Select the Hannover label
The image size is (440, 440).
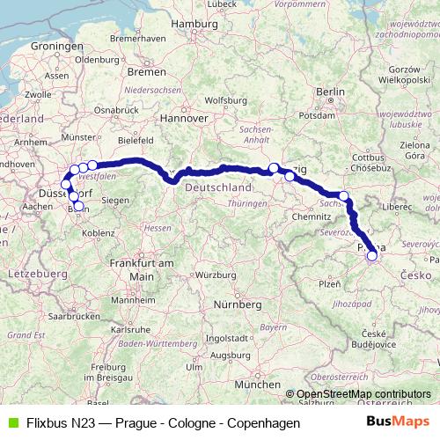[189, 117]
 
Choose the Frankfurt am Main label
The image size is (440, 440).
[130, 269]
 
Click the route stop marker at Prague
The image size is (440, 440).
[372, 256]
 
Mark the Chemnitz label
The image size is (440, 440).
[311, 216]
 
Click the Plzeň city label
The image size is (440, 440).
[329, 284]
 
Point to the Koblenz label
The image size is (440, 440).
[98, 233]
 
